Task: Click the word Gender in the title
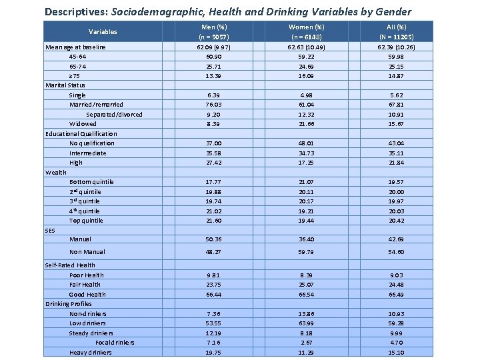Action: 393,11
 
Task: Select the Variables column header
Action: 103,31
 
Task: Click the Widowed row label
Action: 83,123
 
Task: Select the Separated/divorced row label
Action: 114,114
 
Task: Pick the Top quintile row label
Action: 86,220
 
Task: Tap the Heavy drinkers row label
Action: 90,352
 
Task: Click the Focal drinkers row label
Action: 114,342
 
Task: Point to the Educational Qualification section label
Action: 81,133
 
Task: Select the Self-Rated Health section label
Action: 70,265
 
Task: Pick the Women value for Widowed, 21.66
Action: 306,123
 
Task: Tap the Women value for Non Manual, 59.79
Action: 306,252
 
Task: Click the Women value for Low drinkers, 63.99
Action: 306,323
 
